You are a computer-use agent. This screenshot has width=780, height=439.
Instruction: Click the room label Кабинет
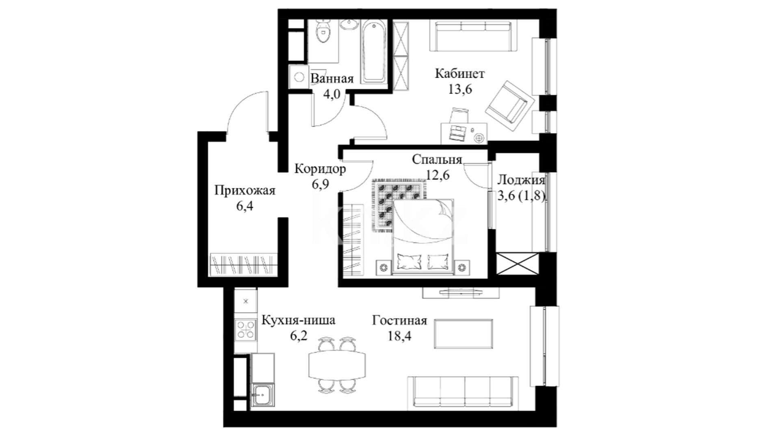pyautogui.click(x=460, y=74)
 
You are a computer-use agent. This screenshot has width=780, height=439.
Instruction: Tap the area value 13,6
pyautogui.click(x=460, y=89)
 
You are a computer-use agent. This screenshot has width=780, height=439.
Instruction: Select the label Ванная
pyautogui.click(x=332, y=78)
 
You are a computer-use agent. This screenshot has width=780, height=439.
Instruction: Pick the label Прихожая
pyautogui.click(x=245, y=190)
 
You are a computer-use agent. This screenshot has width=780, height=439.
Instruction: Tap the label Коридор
pyautogui.click(x=320, y=169)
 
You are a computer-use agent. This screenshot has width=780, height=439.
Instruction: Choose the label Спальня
pyautogui.click(x=437, y=159)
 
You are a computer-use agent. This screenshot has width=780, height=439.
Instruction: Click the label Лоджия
pyautogui.click(x=521, y=180)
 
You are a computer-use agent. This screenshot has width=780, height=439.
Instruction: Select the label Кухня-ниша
pyautogui.click(x=298, y=320)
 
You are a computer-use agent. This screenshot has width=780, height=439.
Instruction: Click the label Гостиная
pyautogui.click(x=400, y=321)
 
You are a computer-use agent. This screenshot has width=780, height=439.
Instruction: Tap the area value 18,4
pyautogui.click(x=400, y=336)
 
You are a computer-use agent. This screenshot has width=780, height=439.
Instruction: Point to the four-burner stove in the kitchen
pyautogui.click(x=246, y=330)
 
